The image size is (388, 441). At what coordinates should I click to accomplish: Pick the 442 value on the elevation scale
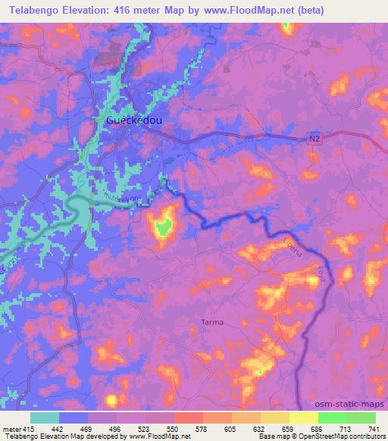(55, 428)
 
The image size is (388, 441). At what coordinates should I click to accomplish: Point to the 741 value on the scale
(373, 428)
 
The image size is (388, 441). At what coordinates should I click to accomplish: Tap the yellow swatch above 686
(304, 418)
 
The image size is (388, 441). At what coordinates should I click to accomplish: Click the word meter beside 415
(13, 428)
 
